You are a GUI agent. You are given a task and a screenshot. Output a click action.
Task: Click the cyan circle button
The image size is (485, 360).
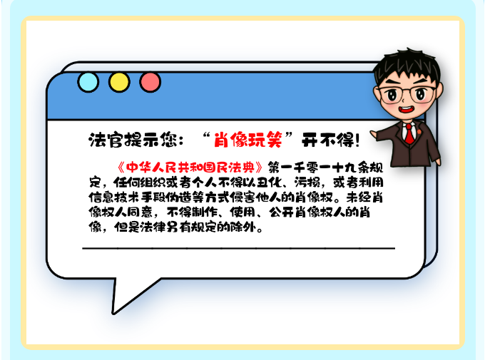click(x=88, y=82)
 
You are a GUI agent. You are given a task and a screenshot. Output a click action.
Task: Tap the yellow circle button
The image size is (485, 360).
click(x=119, y=82)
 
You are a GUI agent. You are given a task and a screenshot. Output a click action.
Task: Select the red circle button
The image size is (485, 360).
click(x=150, y=82)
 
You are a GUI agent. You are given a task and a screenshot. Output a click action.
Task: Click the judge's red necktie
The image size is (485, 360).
click(x=409, y=133)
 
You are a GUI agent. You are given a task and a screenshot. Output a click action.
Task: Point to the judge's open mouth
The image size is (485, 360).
click(x=406, y=110)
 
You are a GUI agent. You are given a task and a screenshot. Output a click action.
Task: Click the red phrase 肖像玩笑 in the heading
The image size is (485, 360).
click(x=248, y=140)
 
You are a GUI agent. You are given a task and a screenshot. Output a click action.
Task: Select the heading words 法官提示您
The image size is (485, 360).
click(x=132, y=140)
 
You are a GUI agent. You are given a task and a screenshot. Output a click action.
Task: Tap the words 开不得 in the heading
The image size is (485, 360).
click(x=327, y=140)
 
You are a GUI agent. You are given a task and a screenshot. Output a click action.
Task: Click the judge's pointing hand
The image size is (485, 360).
click(x=374, y=135)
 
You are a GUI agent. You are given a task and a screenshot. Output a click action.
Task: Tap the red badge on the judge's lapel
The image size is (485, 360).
click(x=419, y=132)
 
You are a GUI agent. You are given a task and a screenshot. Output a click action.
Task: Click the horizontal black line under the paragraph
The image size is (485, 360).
click(x=238, y=248)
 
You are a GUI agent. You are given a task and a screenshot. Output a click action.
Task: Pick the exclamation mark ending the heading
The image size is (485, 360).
click(x=357, y=140)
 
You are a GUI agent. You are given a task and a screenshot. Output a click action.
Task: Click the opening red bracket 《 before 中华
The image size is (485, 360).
click(x=121, y=168)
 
